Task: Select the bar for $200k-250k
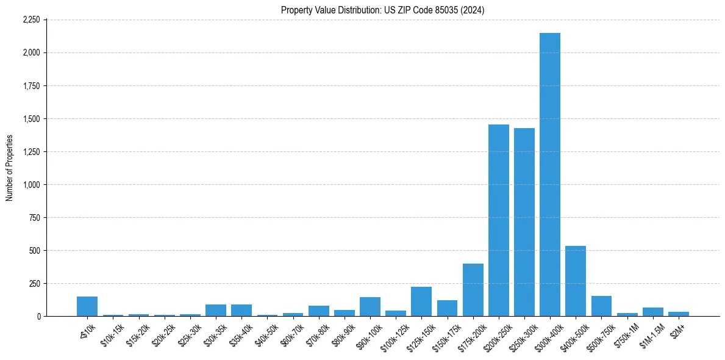(x=498, y=220)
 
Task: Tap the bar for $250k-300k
(x=524, y=222)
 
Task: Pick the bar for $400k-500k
(x=576, y=281)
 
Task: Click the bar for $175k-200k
(x=473, y=290)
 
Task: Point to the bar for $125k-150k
(x=421, y=301)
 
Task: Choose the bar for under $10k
(x=87, y=306)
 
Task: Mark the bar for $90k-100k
(x=370, y=307)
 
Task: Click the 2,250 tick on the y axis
(x=31, y=20)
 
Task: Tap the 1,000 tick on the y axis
(x=31, y=184)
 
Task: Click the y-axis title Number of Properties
(x=9, y=168)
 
